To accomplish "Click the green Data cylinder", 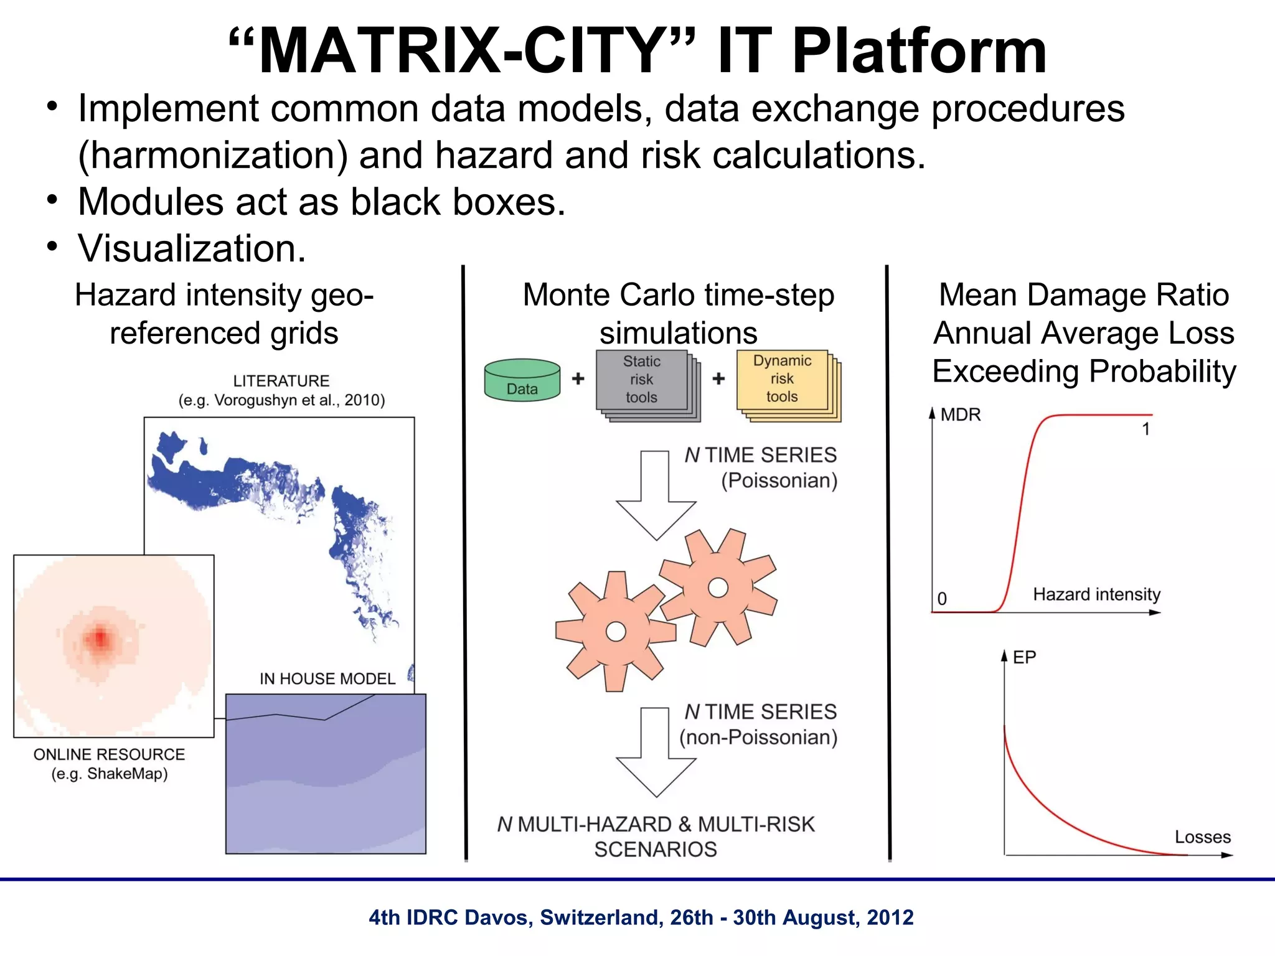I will tap(522, 380).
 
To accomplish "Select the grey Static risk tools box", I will tap(642, 380).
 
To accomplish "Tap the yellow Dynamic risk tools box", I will tap(783, 379).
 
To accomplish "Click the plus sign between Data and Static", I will tap(578, 378).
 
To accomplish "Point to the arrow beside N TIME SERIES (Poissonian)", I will tap(656, 495).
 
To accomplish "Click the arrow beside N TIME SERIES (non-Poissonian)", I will tap(656, 752).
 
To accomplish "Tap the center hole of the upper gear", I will tap(718, 588).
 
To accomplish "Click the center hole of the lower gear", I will tap(616, 632).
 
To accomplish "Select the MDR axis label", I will tap(960, 415).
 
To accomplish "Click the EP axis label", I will tap(1024, 657).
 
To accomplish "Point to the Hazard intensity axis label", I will tap(1096, 594).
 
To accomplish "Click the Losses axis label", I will tap(1202, 837).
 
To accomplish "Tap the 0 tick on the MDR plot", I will tap(942, 599).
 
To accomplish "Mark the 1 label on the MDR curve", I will tap(1146, 429).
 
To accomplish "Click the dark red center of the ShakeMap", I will tap(100, 639).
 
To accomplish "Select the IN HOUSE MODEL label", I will tap(327, 678).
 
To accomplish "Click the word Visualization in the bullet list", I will tap(192, 249).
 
